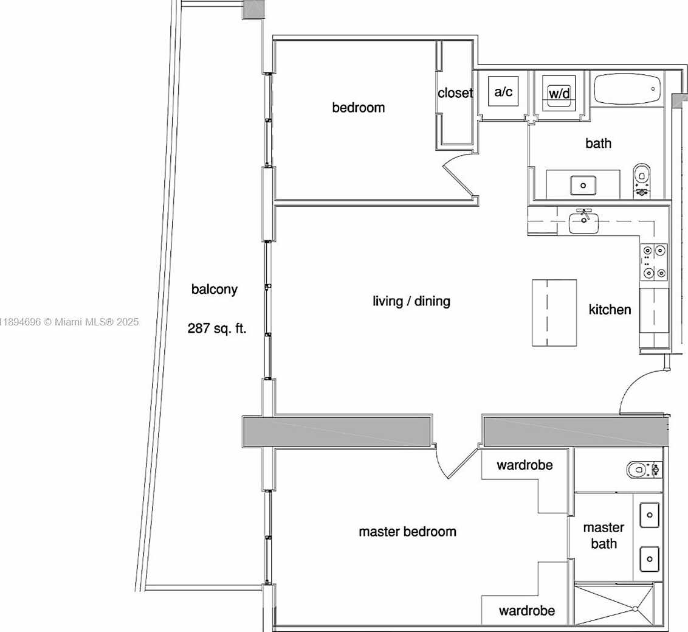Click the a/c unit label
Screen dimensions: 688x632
pos(503,92)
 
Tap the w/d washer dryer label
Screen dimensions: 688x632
pos(559,93)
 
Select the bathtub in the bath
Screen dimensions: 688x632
pos(627,89)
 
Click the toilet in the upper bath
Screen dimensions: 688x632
pos(642,180)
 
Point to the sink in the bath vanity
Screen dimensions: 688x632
pos(583,186)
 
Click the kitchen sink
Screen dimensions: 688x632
pos(583,222)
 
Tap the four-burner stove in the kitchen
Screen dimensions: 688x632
pos(654,262)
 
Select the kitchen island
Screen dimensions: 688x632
pos(555,313)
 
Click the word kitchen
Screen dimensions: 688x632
pos(610,310)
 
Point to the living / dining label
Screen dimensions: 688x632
pos(411,301)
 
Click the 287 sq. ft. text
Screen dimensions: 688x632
pos(217,328)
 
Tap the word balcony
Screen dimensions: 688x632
pos(215,290)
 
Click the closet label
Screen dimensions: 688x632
pos(455,92)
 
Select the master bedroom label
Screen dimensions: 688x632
pos(408,532)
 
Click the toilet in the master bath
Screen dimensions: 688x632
pos(644,470)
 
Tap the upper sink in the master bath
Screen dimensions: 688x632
pos(649,515)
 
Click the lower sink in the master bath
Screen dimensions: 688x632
pos(649,559)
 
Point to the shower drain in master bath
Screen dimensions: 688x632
pos(635,609)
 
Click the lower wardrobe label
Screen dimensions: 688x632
pos(527,611)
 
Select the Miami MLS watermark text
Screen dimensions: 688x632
pos(69,322)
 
